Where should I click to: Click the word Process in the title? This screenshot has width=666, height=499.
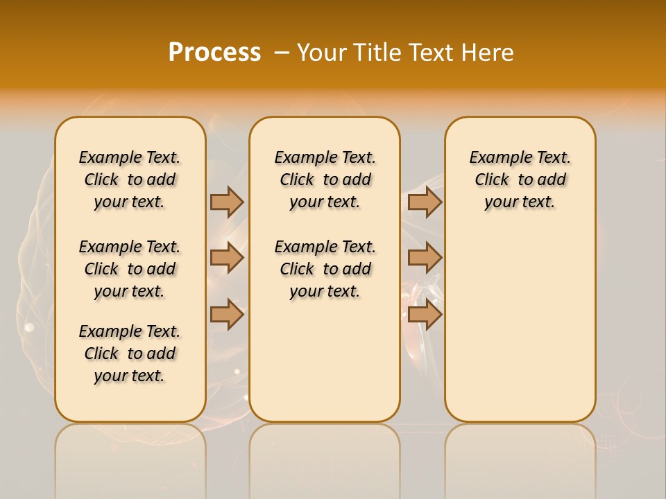[x=214, y=53]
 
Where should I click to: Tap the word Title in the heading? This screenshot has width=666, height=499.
[x=376, y=53]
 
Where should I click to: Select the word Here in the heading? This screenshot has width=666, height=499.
[x=488, y=53]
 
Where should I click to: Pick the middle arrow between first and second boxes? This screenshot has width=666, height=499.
[x=227, y=258]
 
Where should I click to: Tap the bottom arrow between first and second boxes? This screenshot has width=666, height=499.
[x=227, y=315]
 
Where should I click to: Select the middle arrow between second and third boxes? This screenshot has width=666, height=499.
[x=425, y=258]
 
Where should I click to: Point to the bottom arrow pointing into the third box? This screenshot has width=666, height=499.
[x=425, y=315]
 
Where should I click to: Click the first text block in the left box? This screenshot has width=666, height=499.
[x=130, y=180]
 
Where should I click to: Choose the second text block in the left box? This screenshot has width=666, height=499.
[x=130, y=269]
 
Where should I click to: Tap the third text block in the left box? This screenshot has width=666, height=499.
[x=130, y=353]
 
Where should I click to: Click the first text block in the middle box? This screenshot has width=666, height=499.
[x=325, y=180]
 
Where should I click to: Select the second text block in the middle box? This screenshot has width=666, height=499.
[x=325, y=269]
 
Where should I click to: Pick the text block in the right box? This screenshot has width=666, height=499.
[x=520, y=180]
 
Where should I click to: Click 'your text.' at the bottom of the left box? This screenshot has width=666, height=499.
[x=130, y=376]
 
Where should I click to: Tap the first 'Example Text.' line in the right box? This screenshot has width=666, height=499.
[x=520, y=157]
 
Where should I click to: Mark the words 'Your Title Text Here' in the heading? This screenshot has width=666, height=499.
[x=405, y=53]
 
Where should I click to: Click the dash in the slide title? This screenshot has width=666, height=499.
[x=282, y=53]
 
